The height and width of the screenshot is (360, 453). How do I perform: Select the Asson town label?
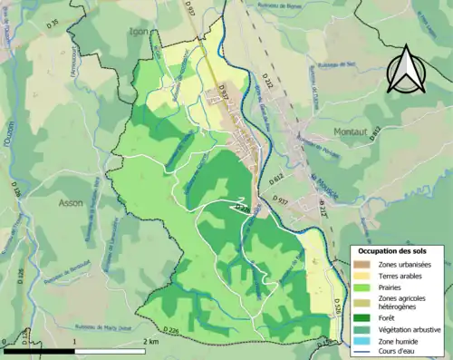(70, 203)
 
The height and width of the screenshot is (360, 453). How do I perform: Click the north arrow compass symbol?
(405, 67)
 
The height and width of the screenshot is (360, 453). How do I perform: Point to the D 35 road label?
(52, 22)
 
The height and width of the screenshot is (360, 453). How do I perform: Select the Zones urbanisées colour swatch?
(361, 263)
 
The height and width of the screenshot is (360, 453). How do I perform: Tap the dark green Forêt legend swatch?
(361, 317)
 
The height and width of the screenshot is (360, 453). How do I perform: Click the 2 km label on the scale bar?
(150, 342)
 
